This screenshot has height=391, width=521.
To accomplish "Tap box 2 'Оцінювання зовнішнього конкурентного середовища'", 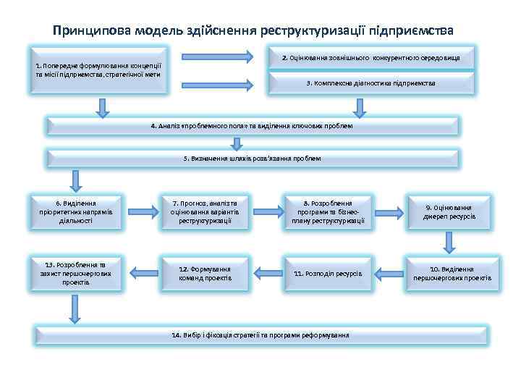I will (x=371, y=57).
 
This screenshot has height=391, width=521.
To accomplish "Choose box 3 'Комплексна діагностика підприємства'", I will (x=371, y=83).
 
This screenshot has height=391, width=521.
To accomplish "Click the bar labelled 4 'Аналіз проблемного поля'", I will (x=252, y=126).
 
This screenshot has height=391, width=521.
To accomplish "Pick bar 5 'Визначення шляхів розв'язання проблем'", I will (x=252, y=158).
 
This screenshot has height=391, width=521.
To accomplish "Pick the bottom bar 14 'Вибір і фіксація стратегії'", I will (x=260, y=335).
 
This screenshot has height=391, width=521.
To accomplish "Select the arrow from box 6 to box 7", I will (x=141, y=211).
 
